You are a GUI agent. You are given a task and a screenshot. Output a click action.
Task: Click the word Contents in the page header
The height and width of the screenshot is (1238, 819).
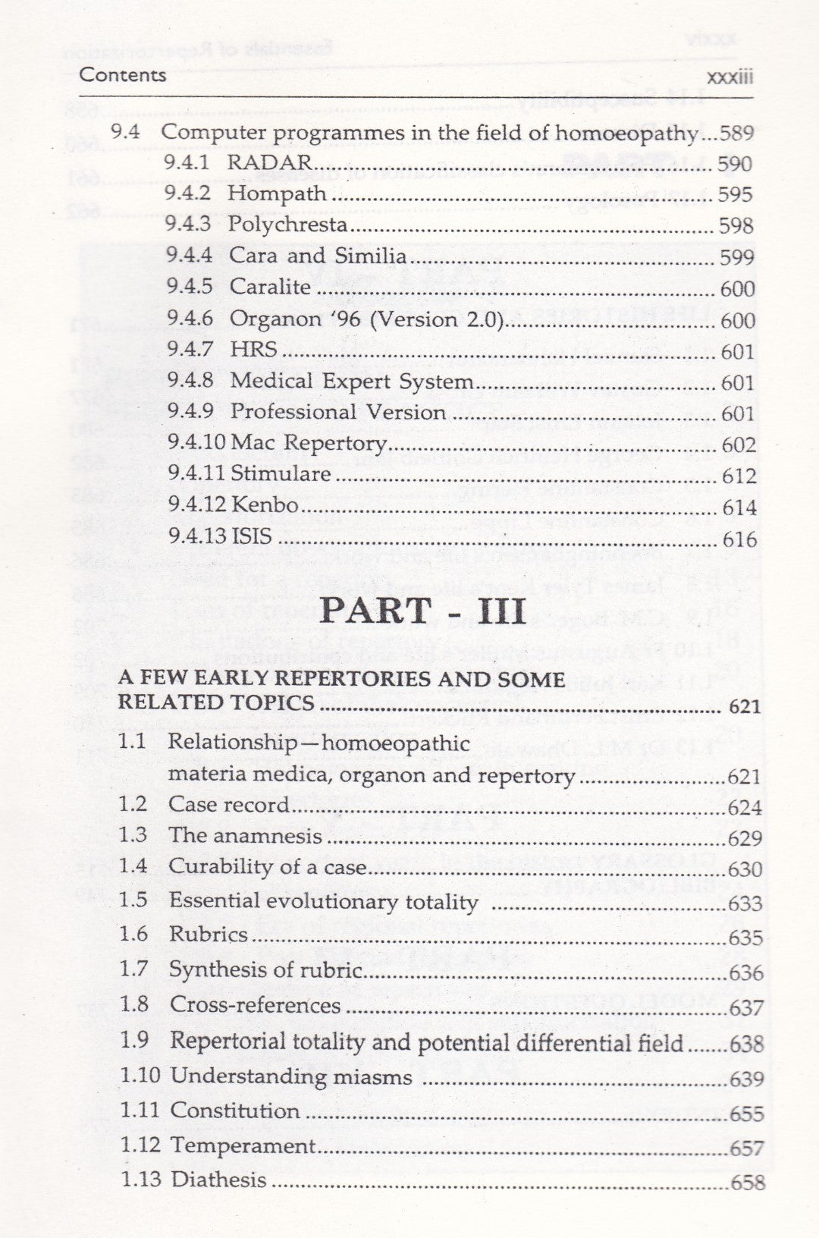(x=123, y=75)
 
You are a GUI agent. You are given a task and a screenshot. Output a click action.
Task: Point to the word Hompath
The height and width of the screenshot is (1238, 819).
(x=278, y=194)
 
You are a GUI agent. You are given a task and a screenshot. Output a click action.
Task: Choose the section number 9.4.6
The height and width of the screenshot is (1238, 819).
(x=190, y=319)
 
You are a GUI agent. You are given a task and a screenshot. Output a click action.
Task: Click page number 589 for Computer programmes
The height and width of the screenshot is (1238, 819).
(x=737, y=134)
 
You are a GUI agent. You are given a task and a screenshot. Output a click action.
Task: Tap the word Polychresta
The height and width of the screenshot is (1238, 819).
(x=288, y=225)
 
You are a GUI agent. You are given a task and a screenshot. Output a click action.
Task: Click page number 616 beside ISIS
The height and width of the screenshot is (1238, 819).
(x=739, y=539)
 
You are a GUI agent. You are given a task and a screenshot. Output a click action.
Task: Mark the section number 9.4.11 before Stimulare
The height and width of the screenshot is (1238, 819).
(x=195, y=474)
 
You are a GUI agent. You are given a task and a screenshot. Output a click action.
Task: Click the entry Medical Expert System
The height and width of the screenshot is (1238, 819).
(x=352, y=381)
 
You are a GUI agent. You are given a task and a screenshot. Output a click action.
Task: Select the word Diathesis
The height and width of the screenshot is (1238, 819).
(x=219, y=1180)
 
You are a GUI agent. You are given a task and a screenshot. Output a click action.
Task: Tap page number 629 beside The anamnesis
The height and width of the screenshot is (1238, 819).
(x=745, y=838)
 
